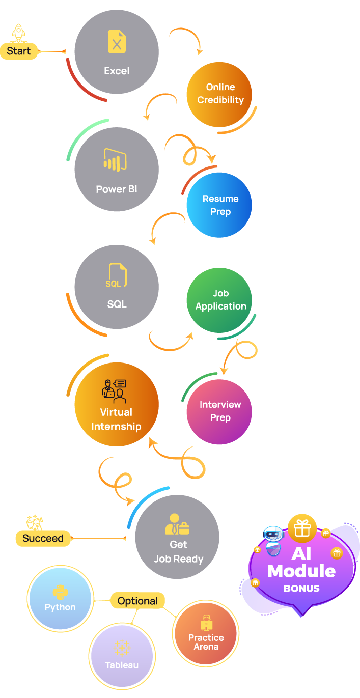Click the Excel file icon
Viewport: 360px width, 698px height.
(x=117, y=41)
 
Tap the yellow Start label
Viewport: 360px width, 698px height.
(x=19, y=51)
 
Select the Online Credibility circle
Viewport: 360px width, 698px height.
(x=220, y=94)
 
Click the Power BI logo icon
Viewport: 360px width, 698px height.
(x=115, y=159)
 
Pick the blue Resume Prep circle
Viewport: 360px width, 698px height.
(x=220, y=205)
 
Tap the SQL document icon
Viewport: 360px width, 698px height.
(x=117, y=276)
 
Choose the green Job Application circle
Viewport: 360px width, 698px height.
(x=220, y=300)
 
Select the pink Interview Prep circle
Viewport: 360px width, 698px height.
(x=220, y=411)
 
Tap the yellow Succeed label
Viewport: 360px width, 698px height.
(x=43, y=538)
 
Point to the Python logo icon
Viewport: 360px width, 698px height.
(x=60, y=592)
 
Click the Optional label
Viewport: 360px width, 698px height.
(x=137, y=601)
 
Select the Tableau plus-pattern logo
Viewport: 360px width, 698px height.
(x=122, y=648)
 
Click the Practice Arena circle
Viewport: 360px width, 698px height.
(x=206, y=634)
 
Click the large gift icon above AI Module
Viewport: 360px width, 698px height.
(x=302, y=528)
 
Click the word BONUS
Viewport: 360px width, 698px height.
(x=301, y=588)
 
